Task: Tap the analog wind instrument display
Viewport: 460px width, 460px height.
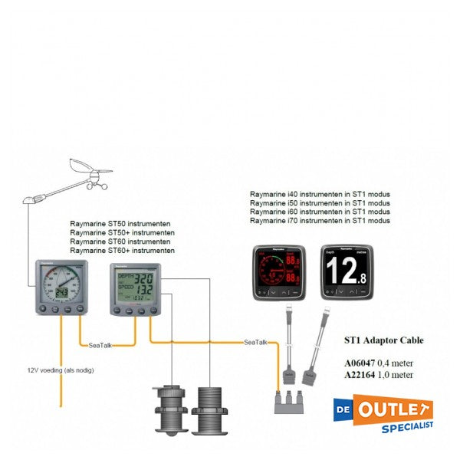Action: pyautogui.click(x=60, y=287)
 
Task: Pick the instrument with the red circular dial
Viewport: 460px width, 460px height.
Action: pyautogui.click(x=281, y=273)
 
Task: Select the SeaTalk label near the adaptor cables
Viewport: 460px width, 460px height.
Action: pyautogui.click(x=256, y=342)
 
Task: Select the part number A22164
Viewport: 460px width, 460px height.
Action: pyautogui.click(x=359, y=375)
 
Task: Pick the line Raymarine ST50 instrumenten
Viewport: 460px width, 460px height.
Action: pyautogui.click(x=120, y=224)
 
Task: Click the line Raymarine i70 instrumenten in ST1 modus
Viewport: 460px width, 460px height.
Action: pyautogui.click(x=320, y=221)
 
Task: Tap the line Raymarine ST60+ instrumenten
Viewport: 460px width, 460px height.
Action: pyautogui.click(x=122, y=251)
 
